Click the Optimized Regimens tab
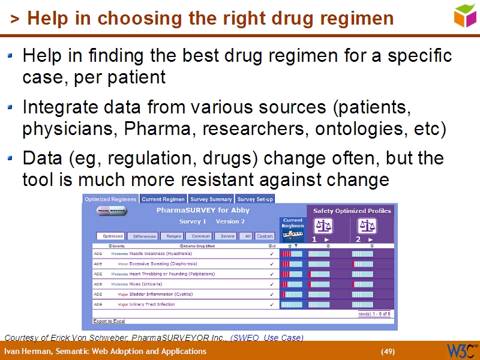[110, 199]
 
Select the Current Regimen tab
[163, 199]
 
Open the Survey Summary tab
[211, 199]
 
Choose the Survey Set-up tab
[255, 199]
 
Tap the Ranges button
[174, 236]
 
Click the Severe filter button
[227, 236]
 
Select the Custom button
[265, 236]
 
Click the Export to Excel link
[109, 321]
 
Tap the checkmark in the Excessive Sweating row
[272, 264]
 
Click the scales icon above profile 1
[324, 226]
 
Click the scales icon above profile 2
[367, 226]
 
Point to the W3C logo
[461, 350]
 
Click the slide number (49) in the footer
[388, 351]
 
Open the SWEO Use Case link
[267, 337]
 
